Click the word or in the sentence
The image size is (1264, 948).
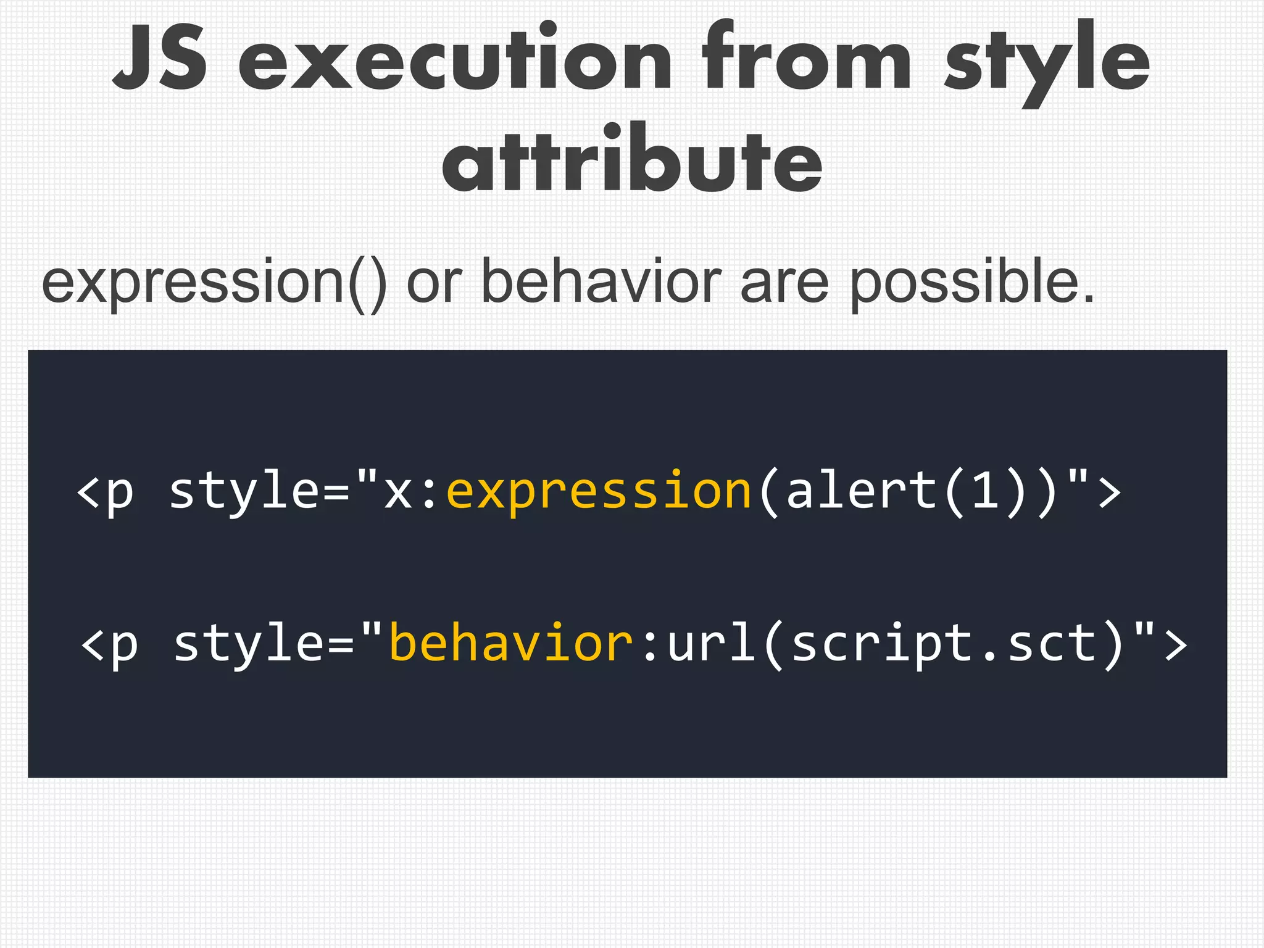(x=434, y=283)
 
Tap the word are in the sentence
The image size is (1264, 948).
(x=784, y=283)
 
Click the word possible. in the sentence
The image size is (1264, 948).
(x=972, y=283)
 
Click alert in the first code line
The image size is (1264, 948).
(x=862, y=491)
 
